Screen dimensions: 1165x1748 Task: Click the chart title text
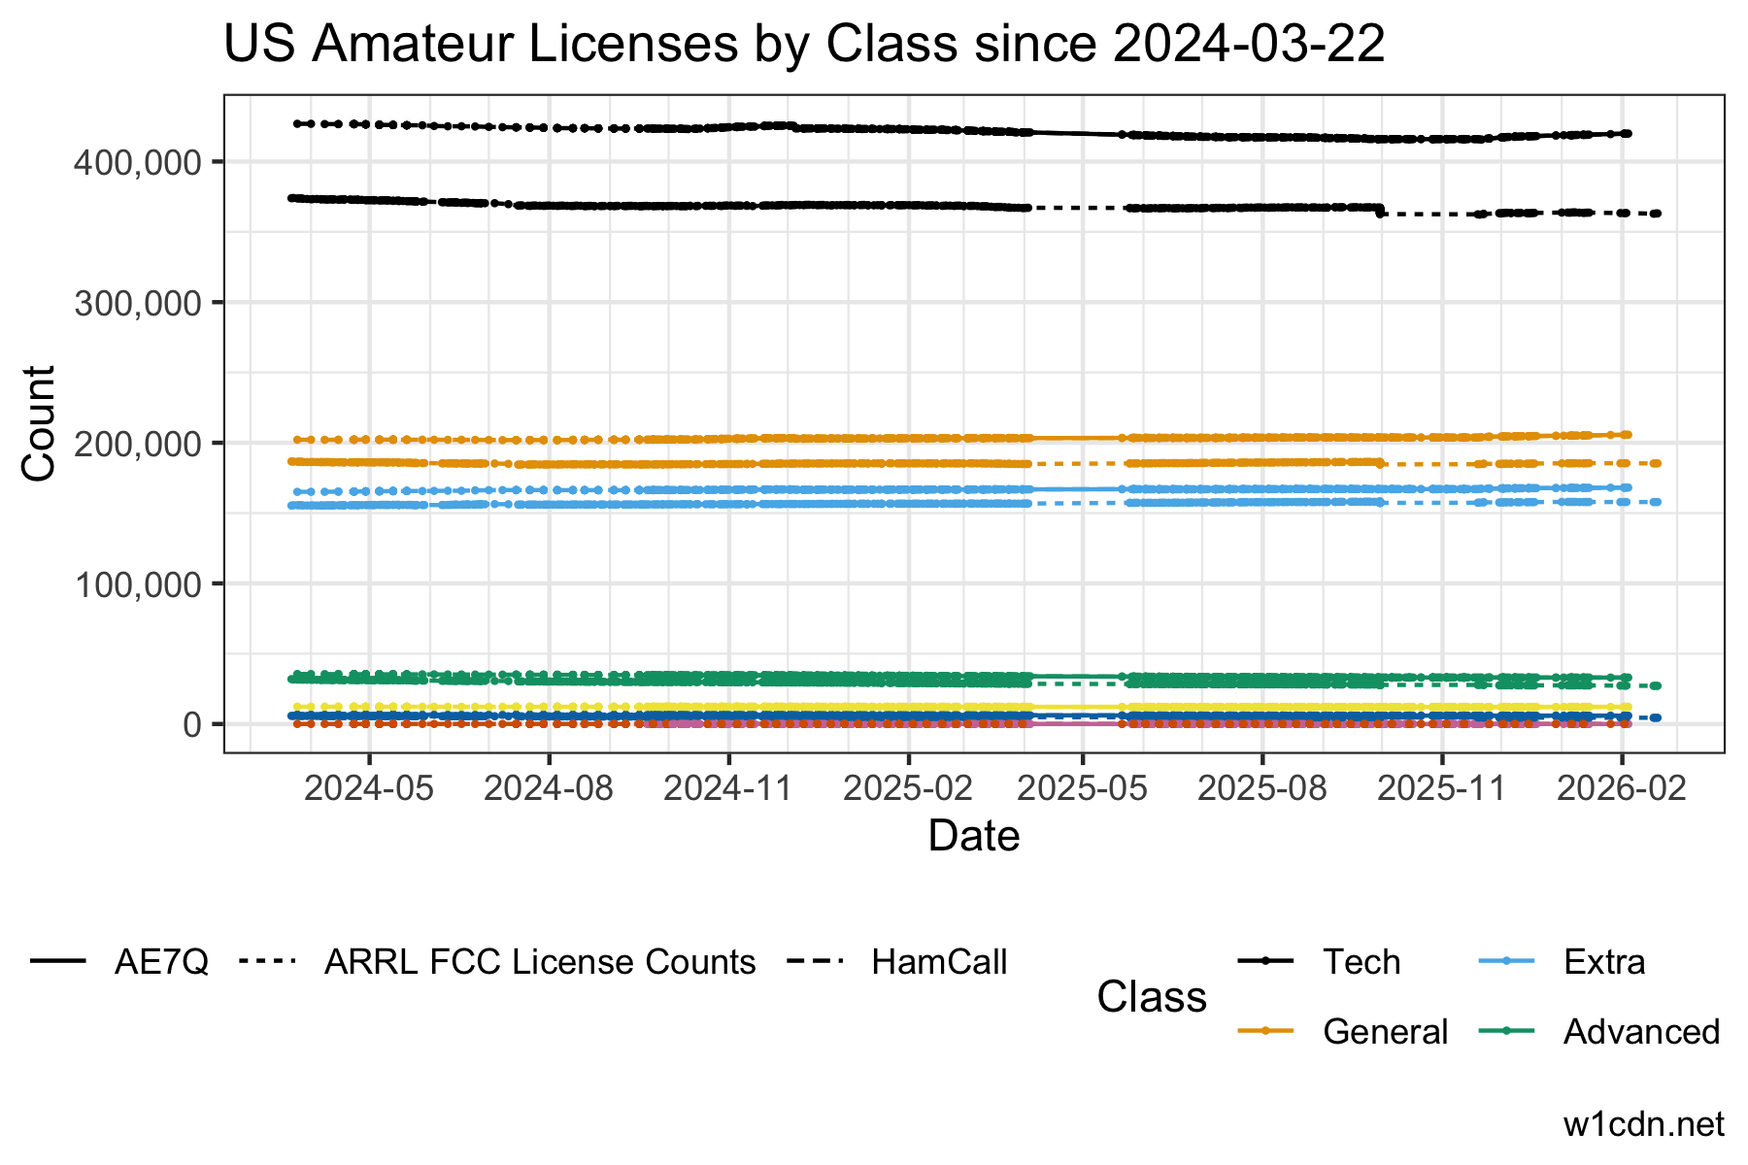804,45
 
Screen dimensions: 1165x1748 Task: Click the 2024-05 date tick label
369,787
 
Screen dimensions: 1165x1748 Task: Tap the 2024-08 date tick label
549,787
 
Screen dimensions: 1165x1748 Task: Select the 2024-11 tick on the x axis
728,787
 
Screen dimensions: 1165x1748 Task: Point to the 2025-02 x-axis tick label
908,787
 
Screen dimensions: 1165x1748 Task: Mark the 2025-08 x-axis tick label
1263,787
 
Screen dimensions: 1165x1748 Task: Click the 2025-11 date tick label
1442,787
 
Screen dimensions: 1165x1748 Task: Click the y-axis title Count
39,422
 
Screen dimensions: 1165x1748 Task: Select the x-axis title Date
974,836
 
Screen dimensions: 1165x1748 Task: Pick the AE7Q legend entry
161,962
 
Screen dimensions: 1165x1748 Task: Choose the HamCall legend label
939,962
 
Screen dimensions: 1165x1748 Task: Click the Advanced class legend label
1641,1031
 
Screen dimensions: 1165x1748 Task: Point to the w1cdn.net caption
1643,1124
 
